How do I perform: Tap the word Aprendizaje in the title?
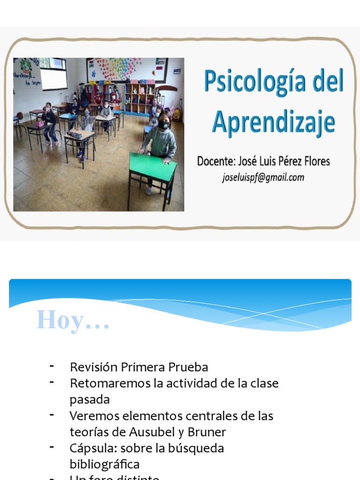pos(274,122)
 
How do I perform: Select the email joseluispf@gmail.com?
pos(263,177)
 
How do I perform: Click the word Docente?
pos(216,162)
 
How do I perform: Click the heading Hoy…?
pos(73,321)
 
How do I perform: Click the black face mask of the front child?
pos(163,125)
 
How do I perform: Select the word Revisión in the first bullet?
pos(92,367)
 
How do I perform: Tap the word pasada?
pos(90,399)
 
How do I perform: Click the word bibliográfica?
pos(105,464)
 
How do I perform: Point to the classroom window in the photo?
pos(53,73)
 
